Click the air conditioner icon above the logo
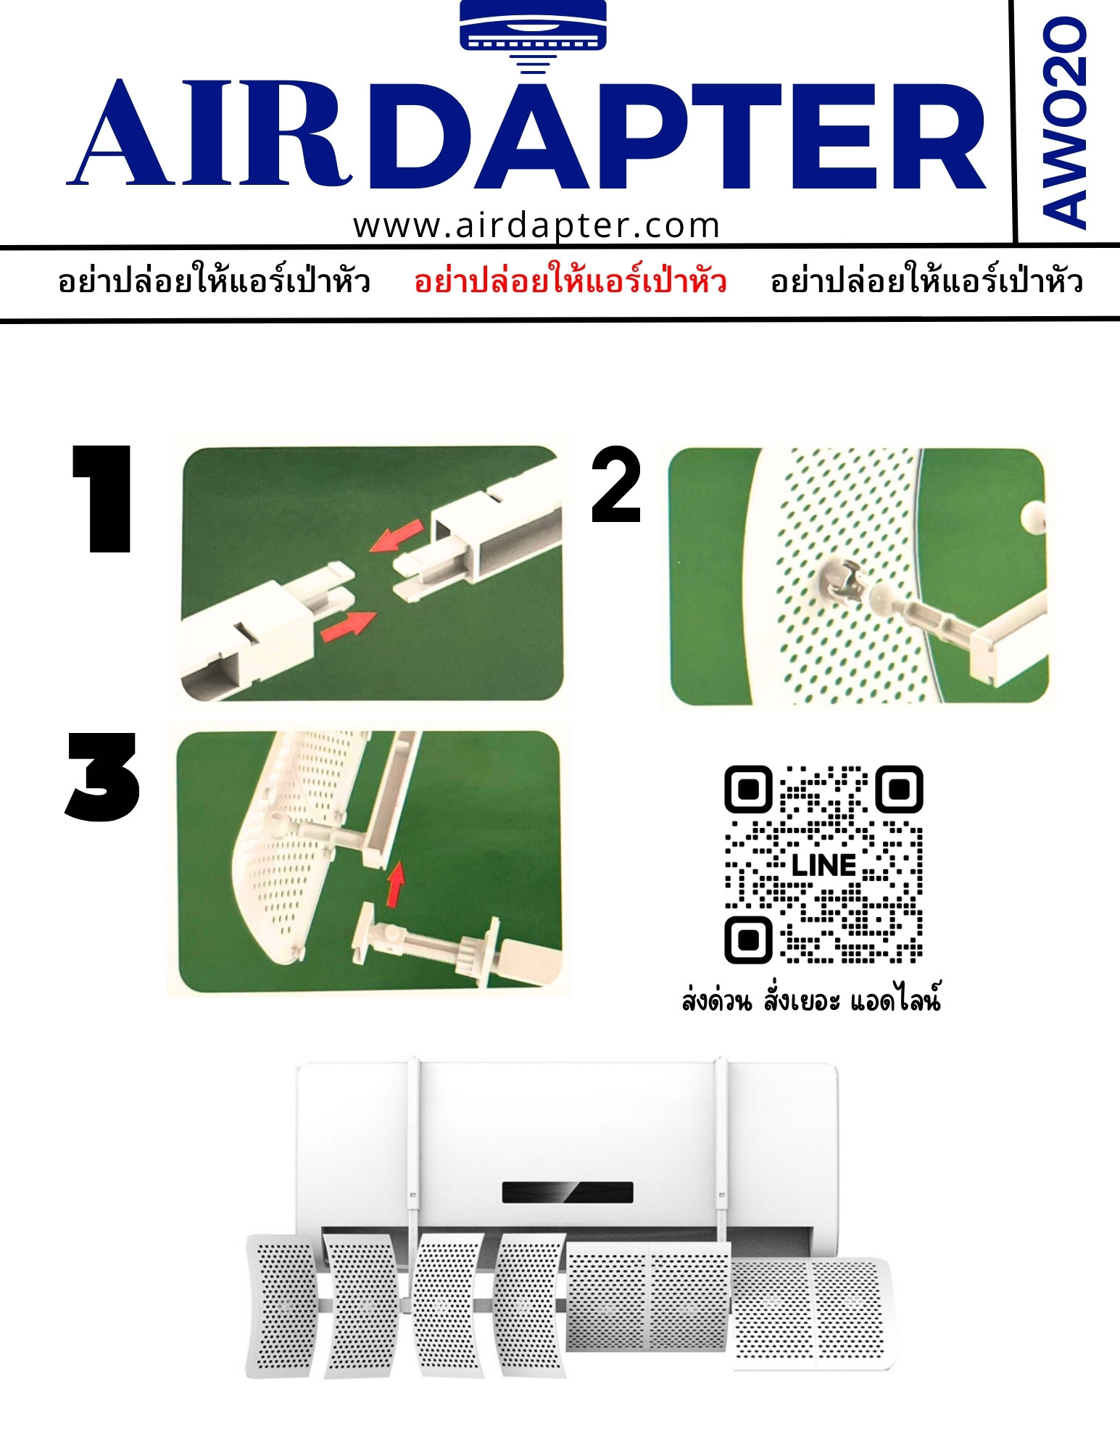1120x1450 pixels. (x=533, y=35)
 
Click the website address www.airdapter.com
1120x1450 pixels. (x=536, y=225)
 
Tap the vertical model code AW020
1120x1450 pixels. (x=1065, y=123)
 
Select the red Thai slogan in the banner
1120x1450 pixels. (x=571, y=281)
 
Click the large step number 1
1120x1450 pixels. (x=102, y=499)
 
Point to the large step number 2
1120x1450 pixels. (x=616, y=484)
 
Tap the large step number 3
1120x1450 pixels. (x=102, y=776)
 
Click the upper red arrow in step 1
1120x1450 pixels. (x=396, y=535)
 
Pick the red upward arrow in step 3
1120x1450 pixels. (x=395, y=884)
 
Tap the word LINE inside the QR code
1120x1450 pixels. (x=824, y=865)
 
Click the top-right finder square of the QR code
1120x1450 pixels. (x=900, y=788)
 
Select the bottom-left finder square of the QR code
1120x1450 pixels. (x=748, y=940)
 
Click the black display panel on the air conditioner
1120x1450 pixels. (x=568, y=1192)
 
